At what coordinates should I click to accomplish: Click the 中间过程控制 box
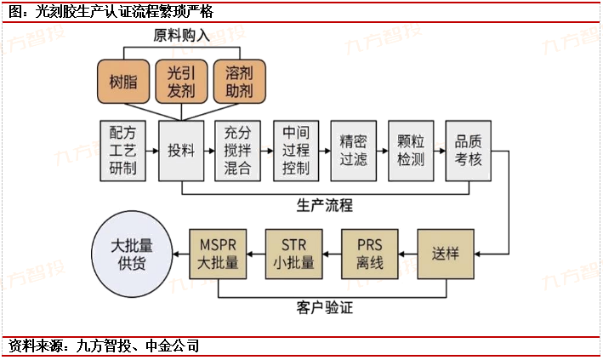tap(296, 149)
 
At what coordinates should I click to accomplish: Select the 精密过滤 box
tap(354, 149)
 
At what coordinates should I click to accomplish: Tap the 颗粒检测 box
tap(412, 149)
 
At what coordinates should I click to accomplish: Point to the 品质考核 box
tap(469, 149)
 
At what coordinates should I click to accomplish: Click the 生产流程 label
tap(325, 205)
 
